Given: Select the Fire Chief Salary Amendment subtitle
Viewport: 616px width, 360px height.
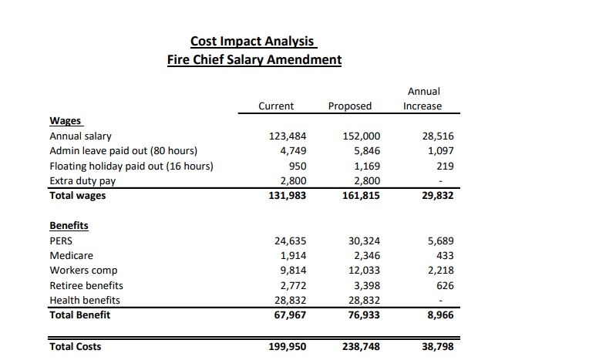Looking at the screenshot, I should click(x=254, y=59).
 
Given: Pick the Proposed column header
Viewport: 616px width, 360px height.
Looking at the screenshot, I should click(x=349, y=106).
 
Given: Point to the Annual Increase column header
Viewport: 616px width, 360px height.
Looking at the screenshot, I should click(x=422, y=99).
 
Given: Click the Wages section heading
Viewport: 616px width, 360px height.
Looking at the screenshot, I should click(x=66, y=121).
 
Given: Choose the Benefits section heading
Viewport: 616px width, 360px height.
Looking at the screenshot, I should click(x=69, y=226).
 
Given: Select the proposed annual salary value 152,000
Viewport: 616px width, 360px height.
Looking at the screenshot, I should click(x=361, y=136).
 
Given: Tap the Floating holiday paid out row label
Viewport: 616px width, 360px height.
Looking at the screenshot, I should click(x=131, y=166).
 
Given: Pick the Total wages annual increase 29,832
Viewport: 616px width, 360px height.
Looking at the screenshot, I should click(x=437, y=196).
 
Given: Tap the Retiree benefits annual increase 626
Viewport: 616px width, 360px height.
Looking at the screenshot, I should click(x=445, y=285).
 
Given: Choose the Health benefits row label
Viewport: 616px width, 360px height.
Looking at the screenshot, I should click(x=85, y=300).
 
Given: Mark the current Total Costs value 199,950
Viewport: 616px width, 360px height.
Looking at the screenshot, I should click(x=288, y=347).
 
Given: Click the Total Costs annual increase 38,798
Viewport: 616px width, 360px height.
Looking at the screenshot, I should click(x=437, y=347).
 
